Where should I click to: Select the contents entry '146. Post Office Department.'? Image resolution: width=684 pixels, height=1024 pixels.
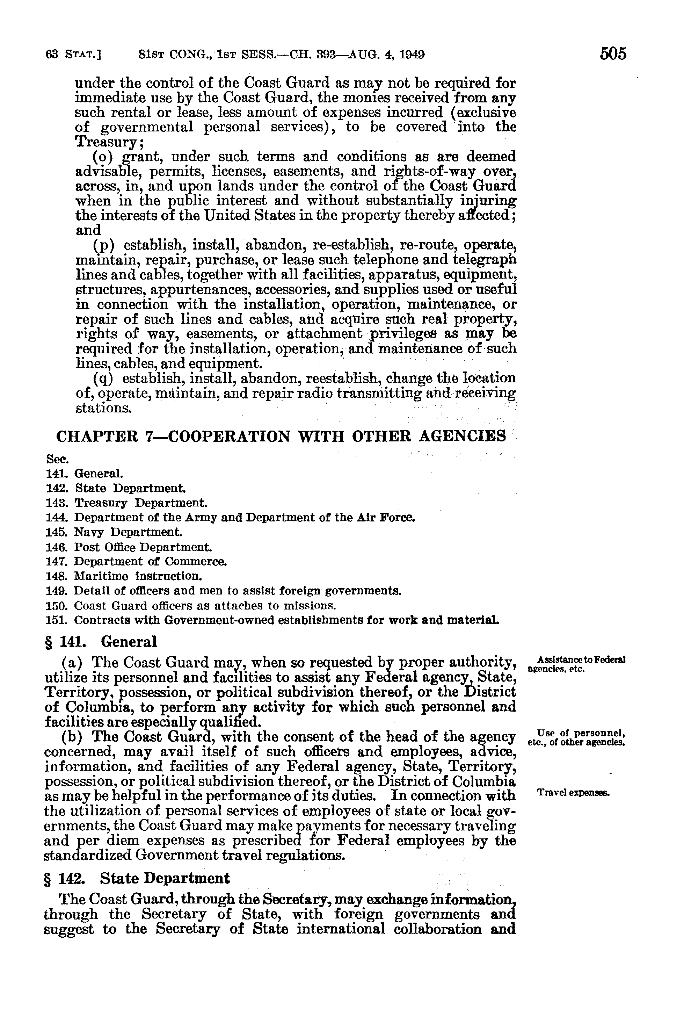129,547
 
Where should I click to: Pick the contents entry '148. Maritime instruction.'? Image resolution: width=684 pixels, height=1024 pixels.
124,576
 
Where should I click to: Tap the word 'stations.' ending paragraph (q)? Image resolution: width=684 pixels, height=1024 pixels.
103,408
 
